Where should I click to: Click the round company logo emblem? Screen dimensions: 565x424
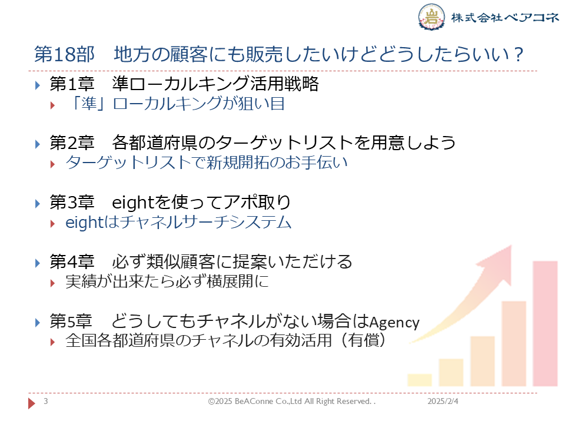[431, 16]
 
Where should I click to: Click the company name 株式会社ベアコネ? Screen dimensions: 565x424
[504, 17]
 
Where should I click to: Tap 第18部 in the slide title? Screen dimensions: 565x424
[64, 54]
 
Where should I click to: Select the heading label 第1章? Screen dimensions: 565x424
[72, 84]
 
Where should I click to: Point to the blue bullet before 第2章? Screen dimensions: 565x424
[38, 144]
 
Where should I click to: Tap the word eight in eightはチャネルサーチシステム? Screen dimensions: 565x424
[85, 222]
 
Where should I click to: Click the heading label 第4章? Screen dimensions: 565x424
[72, 261]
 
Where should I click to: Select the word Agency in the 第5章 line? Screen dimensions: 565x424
[394, 322]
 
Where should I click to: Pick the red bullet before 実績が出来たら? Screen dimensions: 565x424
[52, 283]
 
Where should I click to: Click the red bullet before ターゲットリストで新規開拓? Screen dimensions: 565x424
[52, 164]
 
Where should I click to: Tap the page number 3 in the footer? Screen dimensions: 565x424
[46, 401]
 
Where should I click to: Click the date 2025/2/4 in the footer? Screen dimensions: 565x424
[443, 401]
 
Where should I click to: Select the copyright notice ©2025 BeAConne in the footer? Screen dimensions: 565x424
[291, 401]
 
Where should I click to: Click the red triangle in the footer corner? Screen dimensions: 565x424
[32, 403]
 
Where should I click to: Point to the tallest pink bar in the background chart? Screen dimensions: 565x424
[545, 323]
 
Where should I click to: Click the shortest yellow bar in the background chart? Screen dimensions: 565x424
[420, 380]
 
